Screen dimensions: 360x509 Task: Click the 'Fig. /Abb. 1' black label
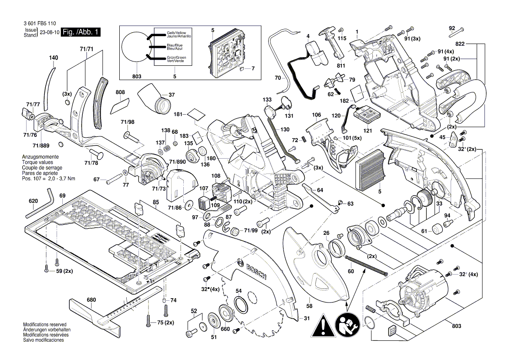click(x=81, y=33)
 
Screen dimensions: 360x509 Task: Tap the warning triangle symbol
click(x=323, y=325)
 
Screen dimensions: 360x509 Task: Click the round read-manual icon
click(x=347, y=325)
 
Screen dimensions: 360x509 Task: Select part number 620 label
click(x=34, y=201)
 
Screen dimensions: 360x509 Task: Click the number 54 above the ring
click(x=239, y=291)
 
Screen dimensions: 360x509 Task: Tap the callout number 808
click(x=120, y=92)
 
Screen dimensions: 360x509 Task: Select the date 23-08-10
click(x=49, y=33)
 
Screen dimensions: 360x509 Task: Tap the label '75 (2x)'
click(x=165, y=323)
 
